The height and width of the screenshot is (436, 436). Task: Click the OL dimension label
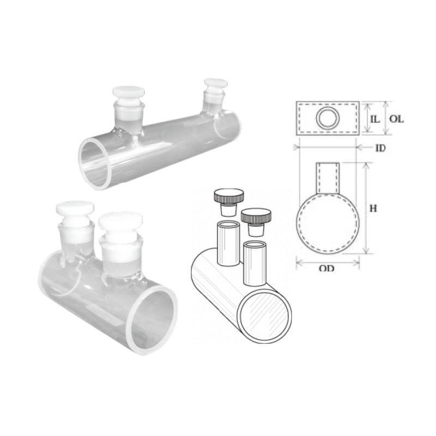[396, 119]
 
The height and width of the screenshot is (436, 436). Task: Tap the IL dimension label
[375, 119]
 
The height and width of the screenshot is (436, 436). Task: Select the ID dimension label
[380, 148]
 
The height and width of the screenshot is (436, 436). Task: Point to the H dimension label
[373, 208]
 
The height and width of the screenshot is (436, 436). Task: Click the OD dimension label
[326, 268]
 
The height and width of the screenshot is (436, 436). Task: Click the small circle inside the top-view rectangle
[329, 117]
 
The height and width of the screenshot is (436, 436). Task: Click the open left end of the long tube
[94, 164]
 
